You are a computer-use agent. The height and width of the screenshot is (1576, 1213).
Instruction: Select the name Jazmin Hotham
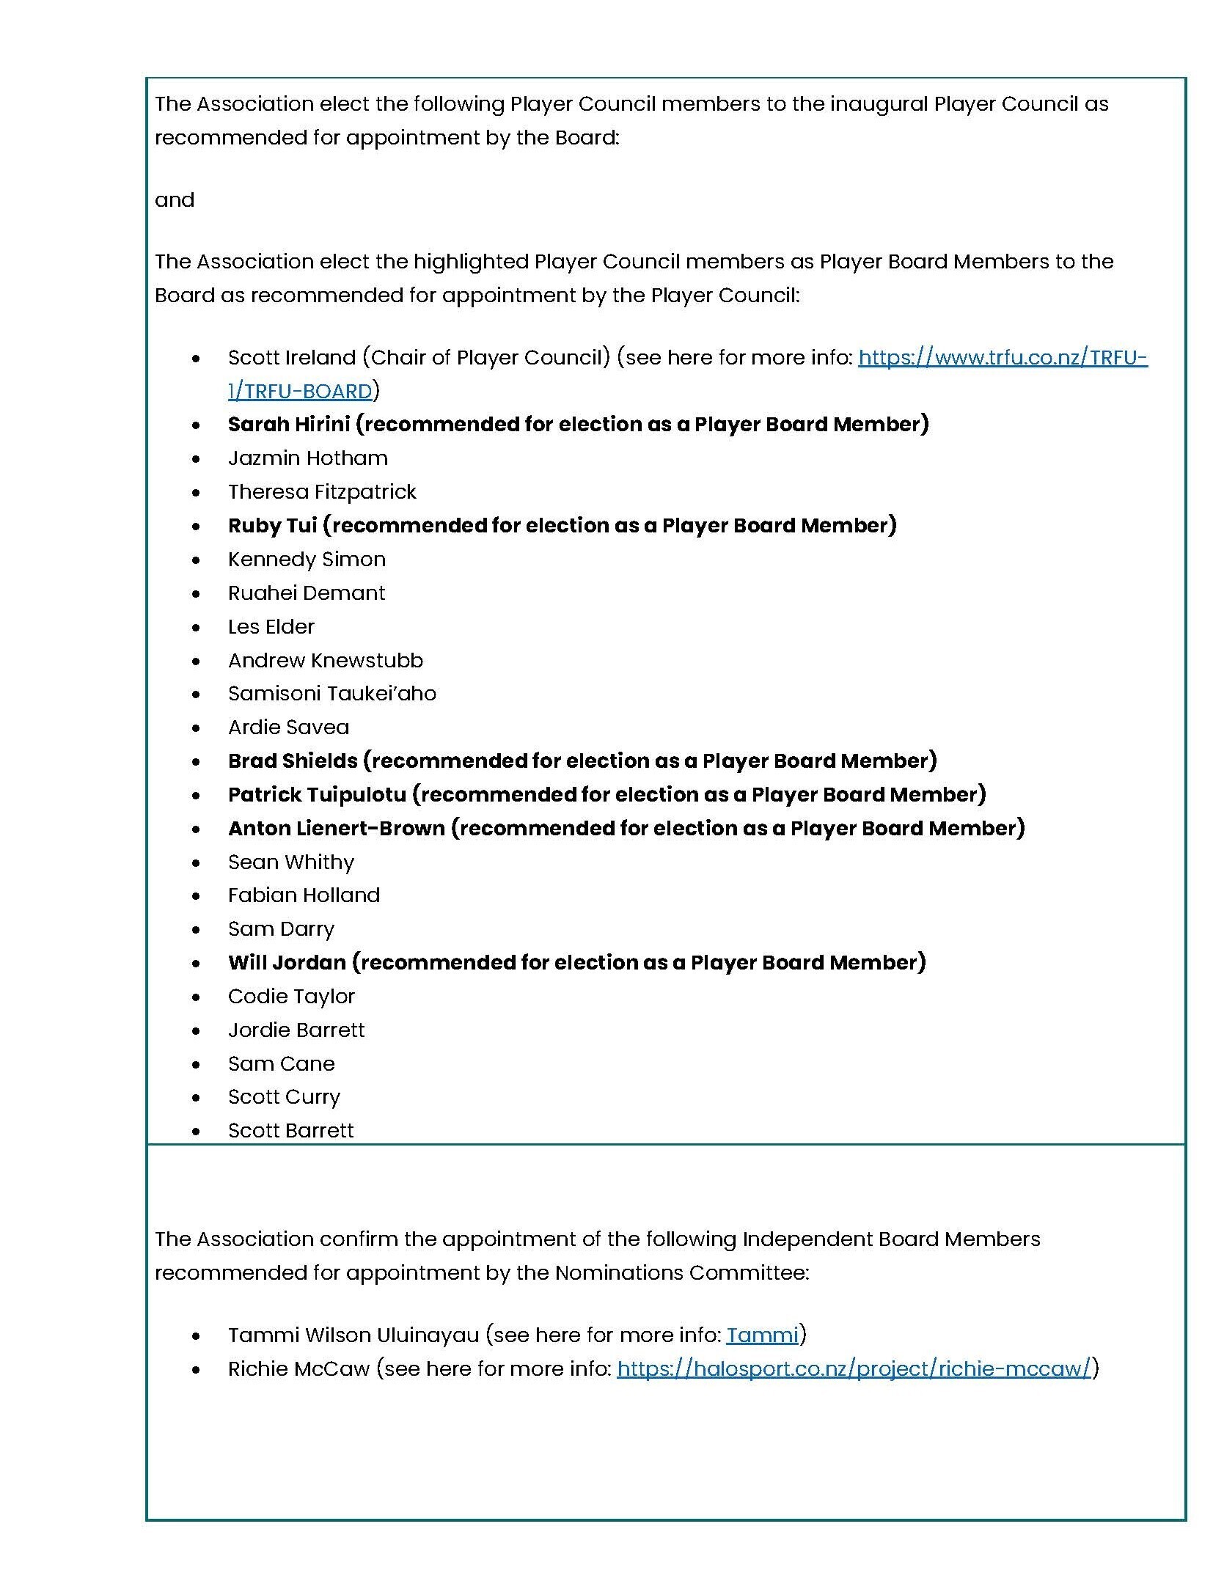pyautogui.click(x=307, y=458)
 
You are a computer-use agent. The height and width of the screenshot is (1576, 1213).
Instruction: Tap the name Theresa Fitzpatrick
pyautogui.click(x=321, y=492)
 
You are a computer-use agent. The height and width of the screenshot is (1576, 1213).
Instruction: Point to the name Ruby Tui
pyautogui.click(x=272, y=526)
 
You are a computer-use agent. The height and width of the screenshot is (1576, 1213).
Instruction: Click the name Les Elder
pyautogui.click(x=271, y=627)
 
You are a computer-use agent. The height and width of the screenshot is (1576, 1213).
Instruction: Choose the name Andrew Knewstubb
pyautogui.click(x=325, y=661)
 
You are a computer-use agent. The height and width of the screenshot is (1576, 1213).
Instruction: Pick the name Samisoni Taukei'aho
pyautogui.click(x=331, y=694)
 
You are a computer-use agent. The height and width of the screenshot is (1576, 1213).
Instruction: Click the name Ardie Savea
pyautogui.click(x=288, y=727)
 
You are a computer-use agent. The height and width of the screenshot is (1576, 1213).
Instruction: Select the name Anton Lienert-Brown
pyautogui.click(x=336, y=829)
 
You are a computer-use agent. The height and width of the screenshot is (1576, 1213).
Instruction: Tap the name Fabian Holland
pyautogui.click(x=304, y=895)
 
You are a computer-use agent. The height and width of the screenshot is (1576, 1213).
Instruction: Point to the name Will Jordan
pyautogui.click(x=286, y=963)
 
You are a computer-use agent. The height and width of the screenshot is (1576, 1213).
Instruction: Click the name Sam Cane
pyautogui.click(x=281, y=1064)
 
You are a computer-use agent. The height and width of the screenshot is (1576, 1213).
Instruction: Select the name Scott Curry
pyautogui.click(x=284, y=1097)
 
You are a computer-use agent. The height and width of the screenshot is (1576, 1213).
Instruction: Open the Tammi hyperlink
pyautogui.click(x=761, y=1335)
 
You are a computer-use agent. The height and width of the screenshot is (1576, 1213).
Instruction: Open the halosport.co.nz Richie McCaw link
pyautogui.click(x=854, y=1369)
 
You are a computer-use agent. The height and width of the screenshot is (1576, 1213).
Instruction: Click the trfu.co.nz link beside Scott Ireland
pyautogui.click(x=1002, y=358)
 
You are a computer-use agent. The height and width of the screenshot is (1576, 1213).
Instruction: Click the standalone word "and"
pyautogui.click(x=175, y=200)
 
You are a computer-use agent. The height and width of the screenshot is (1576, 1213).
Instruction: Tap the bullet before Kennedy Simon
pyautogui.click(x=195, y=560)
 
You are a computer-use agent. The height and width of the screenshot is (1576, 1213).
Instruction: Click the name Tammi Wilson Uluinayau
pyautogui.click(x=353, y=1335)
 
